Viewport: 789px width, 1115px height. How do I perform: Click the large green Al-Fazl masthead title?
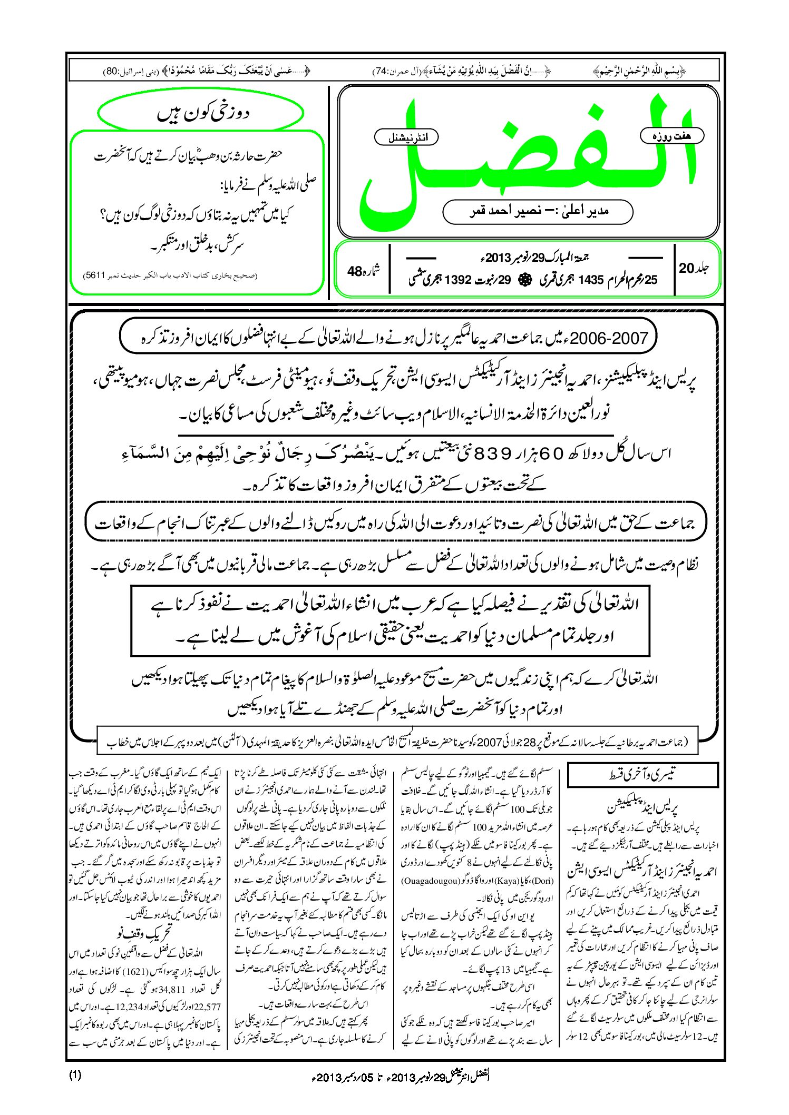(x=527, y=158)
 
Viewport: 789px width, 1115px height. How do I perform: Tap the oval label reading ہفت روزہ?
(x=672, y=136)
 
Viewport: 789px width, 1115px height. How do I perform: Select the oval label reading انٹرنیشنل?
(x=406, y=137)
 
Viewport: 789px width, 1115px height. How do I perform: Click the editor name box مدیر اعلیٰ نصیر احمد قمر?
(x=538, y=211)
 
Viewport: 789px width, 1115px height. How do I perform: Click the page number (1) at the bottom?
(x=75, y=1075)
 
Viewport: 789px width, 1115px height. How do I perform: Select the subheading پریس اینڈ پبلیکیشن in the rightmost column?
(x=642, y=807)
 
